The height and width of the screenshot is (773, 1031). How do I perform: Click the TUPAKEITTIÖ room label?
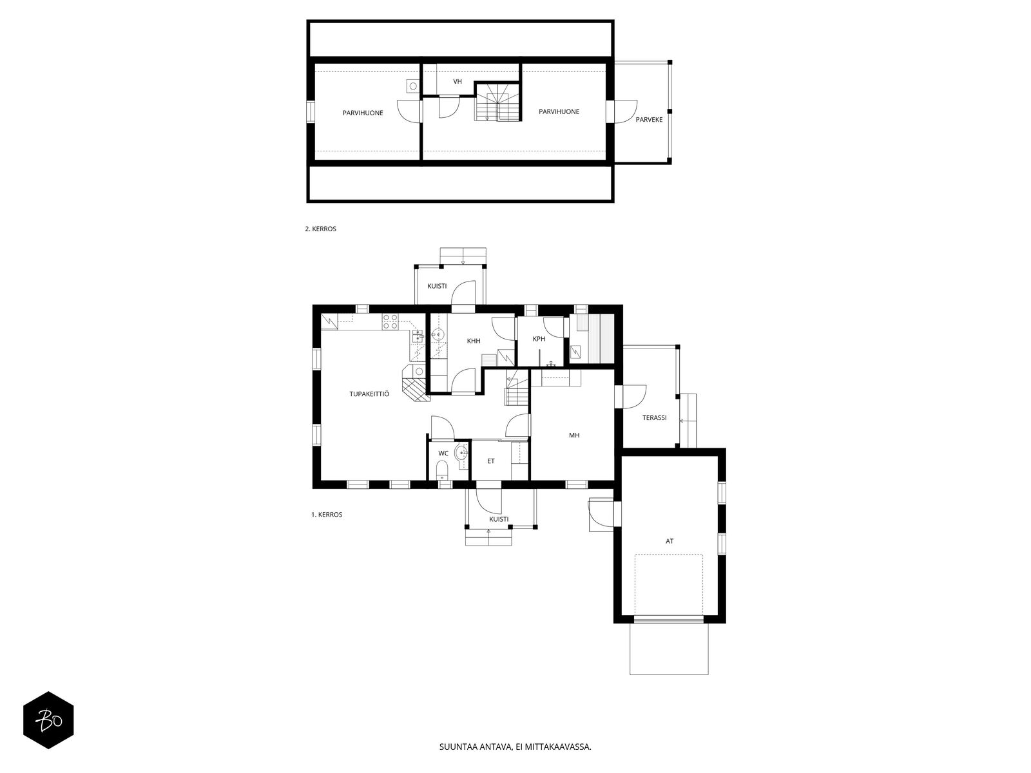point(369,394)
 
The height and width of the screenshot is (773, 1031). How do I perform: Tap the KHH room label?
point(474,341)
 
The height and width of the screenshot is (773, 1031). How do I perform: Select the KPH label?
point(539,339)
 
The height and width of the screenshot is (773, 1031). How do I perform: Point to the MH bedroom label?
point(574,435)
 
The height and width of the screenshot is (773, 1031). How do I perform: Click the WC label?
point(443,453)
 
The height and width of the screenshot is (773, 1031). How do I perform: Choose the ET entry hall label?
point(491,461)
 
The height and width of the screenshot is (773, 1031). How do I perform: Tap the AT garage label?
point(670,541)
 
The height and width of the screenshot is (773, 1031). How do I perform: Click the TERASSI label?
point(654,417)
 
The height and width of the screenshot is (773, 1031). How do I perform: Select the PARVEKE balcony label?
point(649,120)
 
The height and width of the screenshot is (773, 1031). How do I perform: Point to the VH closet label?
point(458,82)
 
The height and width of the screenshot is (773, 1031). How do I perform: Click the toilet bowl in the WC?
point(442,470)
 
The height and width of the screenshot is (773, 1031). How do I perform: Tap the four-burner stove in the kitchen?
point(390,321)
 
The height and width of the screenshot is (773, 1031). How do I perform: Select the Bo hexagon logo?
point(48,720)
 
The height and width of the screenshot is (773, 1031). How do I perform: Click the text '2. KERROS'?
point(320,229)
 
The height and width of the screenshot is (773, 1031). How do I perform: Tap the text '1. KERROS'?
point(327,515)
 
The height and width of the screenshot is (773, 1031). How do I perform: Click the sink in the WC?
point(462,453)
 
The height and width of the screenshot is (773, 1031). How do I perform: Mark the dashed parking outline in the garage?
point(669,584)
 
